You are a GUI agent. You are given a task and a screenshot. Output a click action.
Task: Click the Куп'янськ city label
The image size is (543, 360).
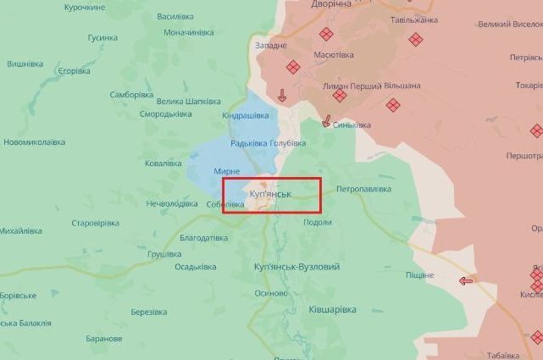[x=271, y=194]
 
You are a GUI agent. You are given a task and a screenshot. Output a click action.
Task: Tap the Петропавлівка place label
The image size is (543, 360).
[x=363, y=189]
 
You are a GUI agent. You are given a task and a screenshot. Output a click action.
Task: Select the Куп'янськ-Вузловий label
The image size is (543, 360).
[x=296, y=267]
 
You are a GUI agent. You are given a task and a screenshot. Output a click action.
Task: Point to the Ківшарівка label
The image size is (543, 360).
[x=332, y=310]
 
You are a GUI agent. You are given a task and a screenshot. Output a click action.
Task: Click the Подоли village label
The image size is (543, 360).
[x=317, y=222]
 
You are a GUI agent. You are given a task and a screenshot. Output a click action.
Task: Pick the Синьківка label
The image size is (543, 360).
[x=352, y=125]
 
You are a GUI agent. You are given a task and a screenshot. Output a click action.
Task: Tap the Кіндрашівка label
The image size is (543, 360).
[x=245, y=115]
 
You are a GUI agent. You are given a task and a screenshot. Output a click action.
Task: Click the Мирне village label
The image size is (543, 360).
[x=226, y=171]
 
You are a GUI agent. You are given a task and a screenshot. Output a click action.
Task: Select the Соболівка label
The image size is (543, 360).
[x=225, y=204]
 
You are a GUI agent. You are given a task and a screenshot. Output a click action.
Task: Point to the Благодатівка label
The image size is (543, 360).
[x=203, y=238]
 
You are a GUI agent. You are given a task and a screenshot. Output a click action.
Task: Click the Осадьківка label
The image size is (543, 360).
[x=196, y=267]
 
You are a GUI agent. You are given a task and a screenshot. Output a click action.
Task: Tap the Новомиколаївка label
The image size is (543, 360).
[x=34, y=142]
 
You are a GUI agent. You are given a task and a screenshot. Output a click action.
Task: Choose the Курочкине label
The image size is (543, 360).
[x=85, y=7]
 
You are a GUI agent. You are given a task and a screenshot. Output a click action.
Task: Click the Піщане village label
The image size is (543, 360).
[x=419, y=275]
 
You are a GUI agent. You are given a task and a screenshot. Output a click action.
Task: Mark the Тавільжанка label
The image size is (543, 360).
[x=414, y=19]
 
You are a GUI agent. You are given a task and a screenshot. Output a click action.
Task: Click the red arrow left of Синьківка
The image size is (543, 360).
[x=326, y=122]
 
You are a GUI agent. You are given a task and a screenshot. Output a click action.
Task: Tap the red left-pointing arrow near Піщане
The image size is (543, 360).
[x=466, y=281]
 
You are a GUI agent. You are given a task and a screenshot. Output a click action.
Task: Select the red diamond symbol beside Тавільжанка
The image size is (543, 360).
[x=415, y=39]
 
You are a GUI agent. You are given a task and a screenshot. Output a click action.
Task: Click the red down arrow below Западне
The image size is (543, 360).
[x=282, y=96]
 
